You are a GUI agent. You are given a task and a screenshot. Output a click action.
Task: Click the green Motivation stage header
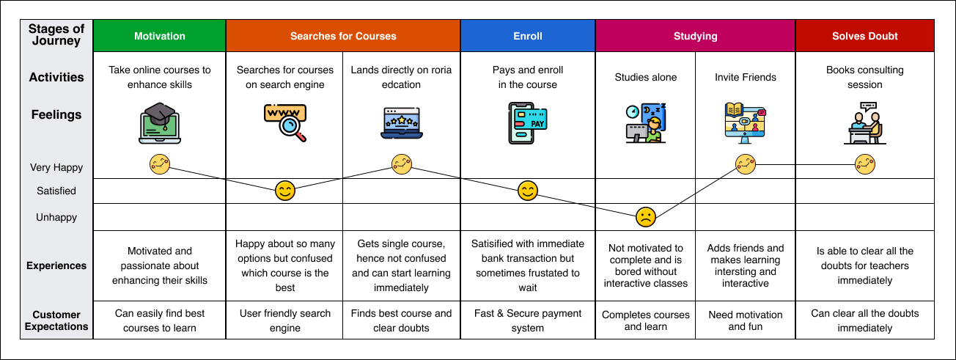pyautogui.click(x=160, y=36)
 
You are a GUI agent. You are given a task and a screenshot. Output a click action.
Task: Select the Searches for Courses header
pyautogui.click(x=343, y=36)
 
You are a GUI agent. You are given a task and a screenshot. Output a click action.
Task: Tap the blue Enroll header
pyautogui.click(x=528, y=36)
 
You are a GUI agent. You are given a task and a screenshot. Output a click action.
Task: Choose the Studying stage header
pyautogui.click(x=695, y=36)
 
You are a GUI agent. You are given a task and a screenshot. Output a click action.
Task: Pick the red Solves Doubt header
pyautogui.click(x=864, y=36)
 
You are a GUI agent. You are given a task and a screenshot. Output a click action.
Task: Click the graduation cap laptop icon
pyautogui.click(x=160, y=123)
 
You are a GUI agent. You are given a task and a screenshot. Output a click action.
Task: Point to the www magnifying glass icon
pyautogui.click(x=285, y=123)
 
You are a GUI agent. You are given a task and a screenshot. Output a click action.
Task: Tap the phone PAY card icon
pyautogui.click(x=528, y=123)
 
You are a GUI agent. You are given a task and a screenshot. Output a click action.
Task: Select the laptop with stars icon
pyautogui.click(x=401, y=123)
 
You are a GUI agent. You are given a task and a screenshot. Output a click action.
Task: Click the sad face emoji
pyautogui.click(x=645, y=217)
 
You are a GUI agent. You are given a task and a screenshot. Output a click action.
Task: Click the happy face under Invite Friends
pyautogui.click(x=745, y=164)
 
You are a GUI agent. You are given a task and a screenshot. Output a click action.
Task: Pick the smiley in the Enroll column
pyautogui.click(x=528, y=191)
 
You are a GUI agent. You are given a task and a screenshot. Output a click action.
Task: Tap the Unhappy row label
pyautogui.click(x=56, y=217)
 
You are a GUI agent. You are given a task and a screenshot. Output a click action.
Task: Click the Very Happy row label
pyautogui.click(x=56, y=167)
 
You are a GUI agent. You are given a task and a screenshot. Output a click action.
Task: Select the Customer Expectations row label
pyautogui.click(x=56, y=320)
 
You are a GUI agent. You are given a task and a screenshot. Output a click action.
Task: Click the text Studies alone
pyautogui.click(x=645, y=77)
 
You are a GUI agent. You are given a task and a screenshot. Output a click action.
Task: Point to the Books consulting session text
pyautogui.click(x=864, y=77)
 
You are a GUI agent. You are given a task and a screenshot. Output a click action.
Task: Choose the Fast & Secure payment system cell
pyautogui.click(x=528, y=320)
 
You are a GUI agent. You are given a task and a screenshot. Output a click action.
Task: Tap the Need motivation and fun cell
pyautogui.click(x=745, y=320)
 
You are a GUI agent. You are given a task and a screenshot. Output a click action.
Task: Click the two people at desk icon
pyautogui.click(x=864, y=123)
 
